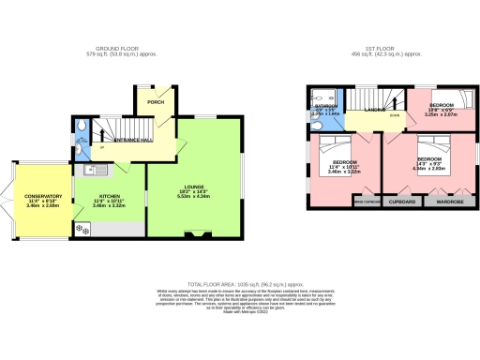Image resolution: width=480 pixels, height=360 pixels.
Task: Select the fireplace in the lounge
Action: pyautogui.click(x=194, y=233)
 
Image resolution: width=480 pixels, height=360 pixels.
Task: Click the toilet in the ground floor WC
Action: pyautogui.click(x=82, y=127)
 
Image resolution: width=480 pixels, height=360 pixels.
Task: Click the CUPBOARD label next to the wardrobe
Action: pyautogui.click(x=403, y=201)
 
